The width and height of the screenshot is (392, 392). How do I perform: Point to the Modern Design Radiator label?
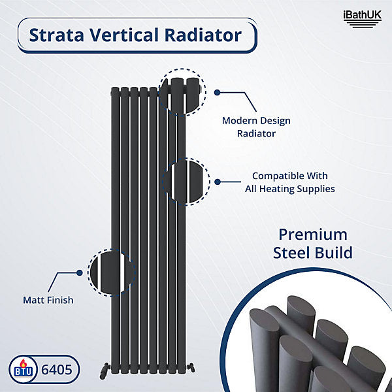256,127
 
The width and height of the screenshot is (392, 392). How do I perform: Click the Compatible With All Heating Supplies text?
293,182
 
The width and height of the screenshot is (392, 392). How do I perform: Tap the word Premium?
313,235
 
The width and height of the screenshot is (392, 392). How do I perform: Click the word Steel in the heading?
295,252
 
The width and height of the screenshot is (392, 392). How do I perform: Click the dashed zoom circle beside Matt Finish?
111,272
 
